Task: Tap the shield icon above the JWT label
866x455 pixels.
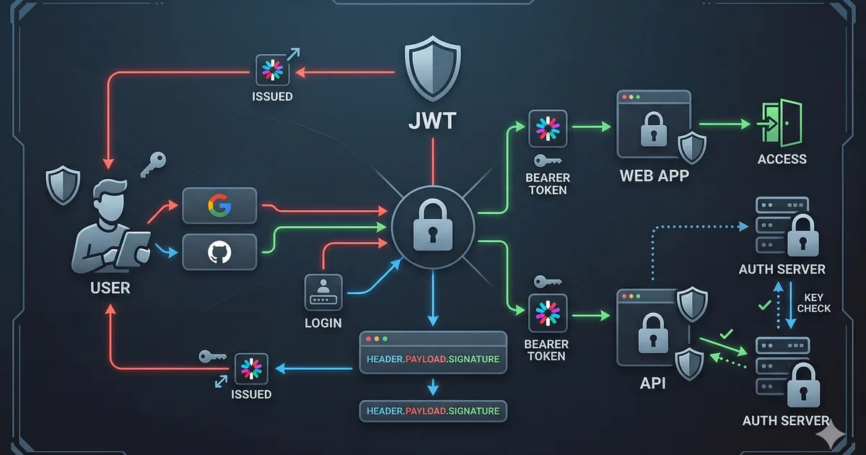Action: click(x=432, y=71)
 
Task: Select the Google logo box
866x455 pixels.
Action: click(x=219, y=206)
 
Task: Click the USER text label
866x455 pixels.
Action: click(x=110, y=288)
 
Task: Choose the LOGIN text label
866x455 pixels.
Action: click(x=323, y=323)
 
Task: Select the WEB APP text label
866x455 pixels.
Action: click(x=654, y=175)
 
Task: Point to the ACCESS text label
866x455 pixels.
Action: click(x=782, y=160)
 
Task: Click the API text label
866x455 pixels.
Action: click(x=652, y=383)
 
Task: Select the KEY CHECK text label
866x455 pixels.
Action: click(x=813, y=303)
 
